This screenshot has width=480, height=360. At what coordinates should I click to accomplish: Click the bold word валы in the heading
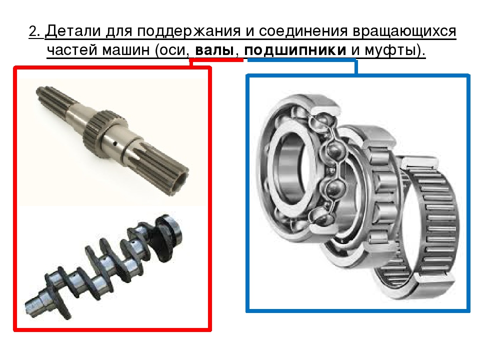(x=214, y=50)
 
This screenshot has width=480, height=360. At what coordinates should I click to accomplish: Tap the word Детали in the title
(x=74, y=31)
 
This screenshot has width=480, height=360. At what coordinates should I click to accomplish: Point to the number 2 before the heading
(x=33, y=31)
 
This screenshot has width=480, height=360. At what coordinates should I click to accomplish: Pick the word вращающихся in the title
(x=404, y=31)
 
